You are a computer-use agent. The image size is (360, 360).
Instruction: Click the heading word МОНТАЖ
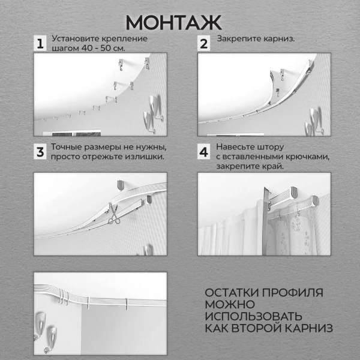pyautogui.click(x=174, y=22)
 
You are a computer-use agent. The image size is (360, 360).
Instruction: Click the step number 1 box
pyautogui.click(x=40, y=44)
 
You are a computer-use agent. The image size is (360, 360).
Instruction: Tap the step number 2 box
pyautogui.click(x=204, y=44)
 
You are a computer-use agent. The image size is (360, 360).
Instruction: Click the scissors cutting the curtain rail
pyautogui.click(x=114, y=217)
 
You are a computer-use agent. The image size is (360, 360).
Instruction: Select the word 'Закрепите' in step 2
pyautogui.click(x=236, y=40)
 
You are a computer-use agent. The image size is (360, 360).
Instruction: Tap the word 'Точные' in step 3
pyautogui.click(x=67, y=147)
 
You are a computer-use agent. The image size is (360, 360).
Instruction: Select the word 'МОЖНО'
pyautogui.click(x=226, y=304)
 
